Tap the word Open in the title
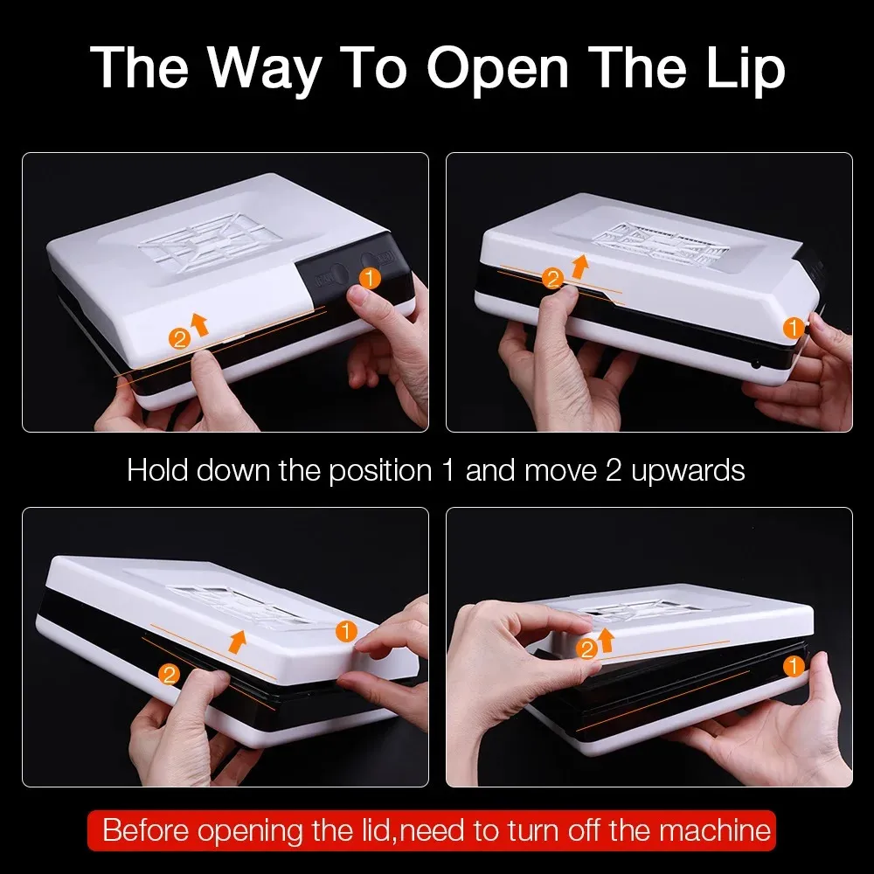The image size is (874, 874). coord(498,68)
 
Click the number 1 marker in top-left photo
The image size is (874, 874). coord(370,278)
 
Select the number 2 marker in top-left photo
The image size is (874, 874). coord(179,338)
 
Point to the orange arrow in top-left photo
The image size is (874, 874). coord(199,324)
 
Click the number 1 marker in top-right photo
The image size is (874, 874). coord(793,328)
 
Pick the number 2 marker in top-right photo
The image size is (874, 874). coord(552,278)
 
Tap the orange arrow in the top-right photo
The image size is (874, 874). coord(579,266)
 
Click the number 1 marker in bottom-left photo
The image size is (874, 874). coord(346,632)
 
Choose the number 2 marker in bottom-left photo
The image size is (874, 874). coord(169,675)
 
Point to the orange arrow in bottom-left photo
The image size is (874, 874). coord(238,642)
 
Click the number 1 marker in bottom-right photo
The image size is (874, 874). coord(794,665)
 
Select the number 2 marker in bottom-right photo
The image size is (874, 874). coord(586,649)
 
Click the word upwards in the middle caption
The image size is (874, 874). coord(688,471)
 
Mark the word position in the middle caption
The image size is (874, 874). coord(380,471)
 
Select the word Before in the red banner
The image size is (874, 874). coord(146,830)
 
